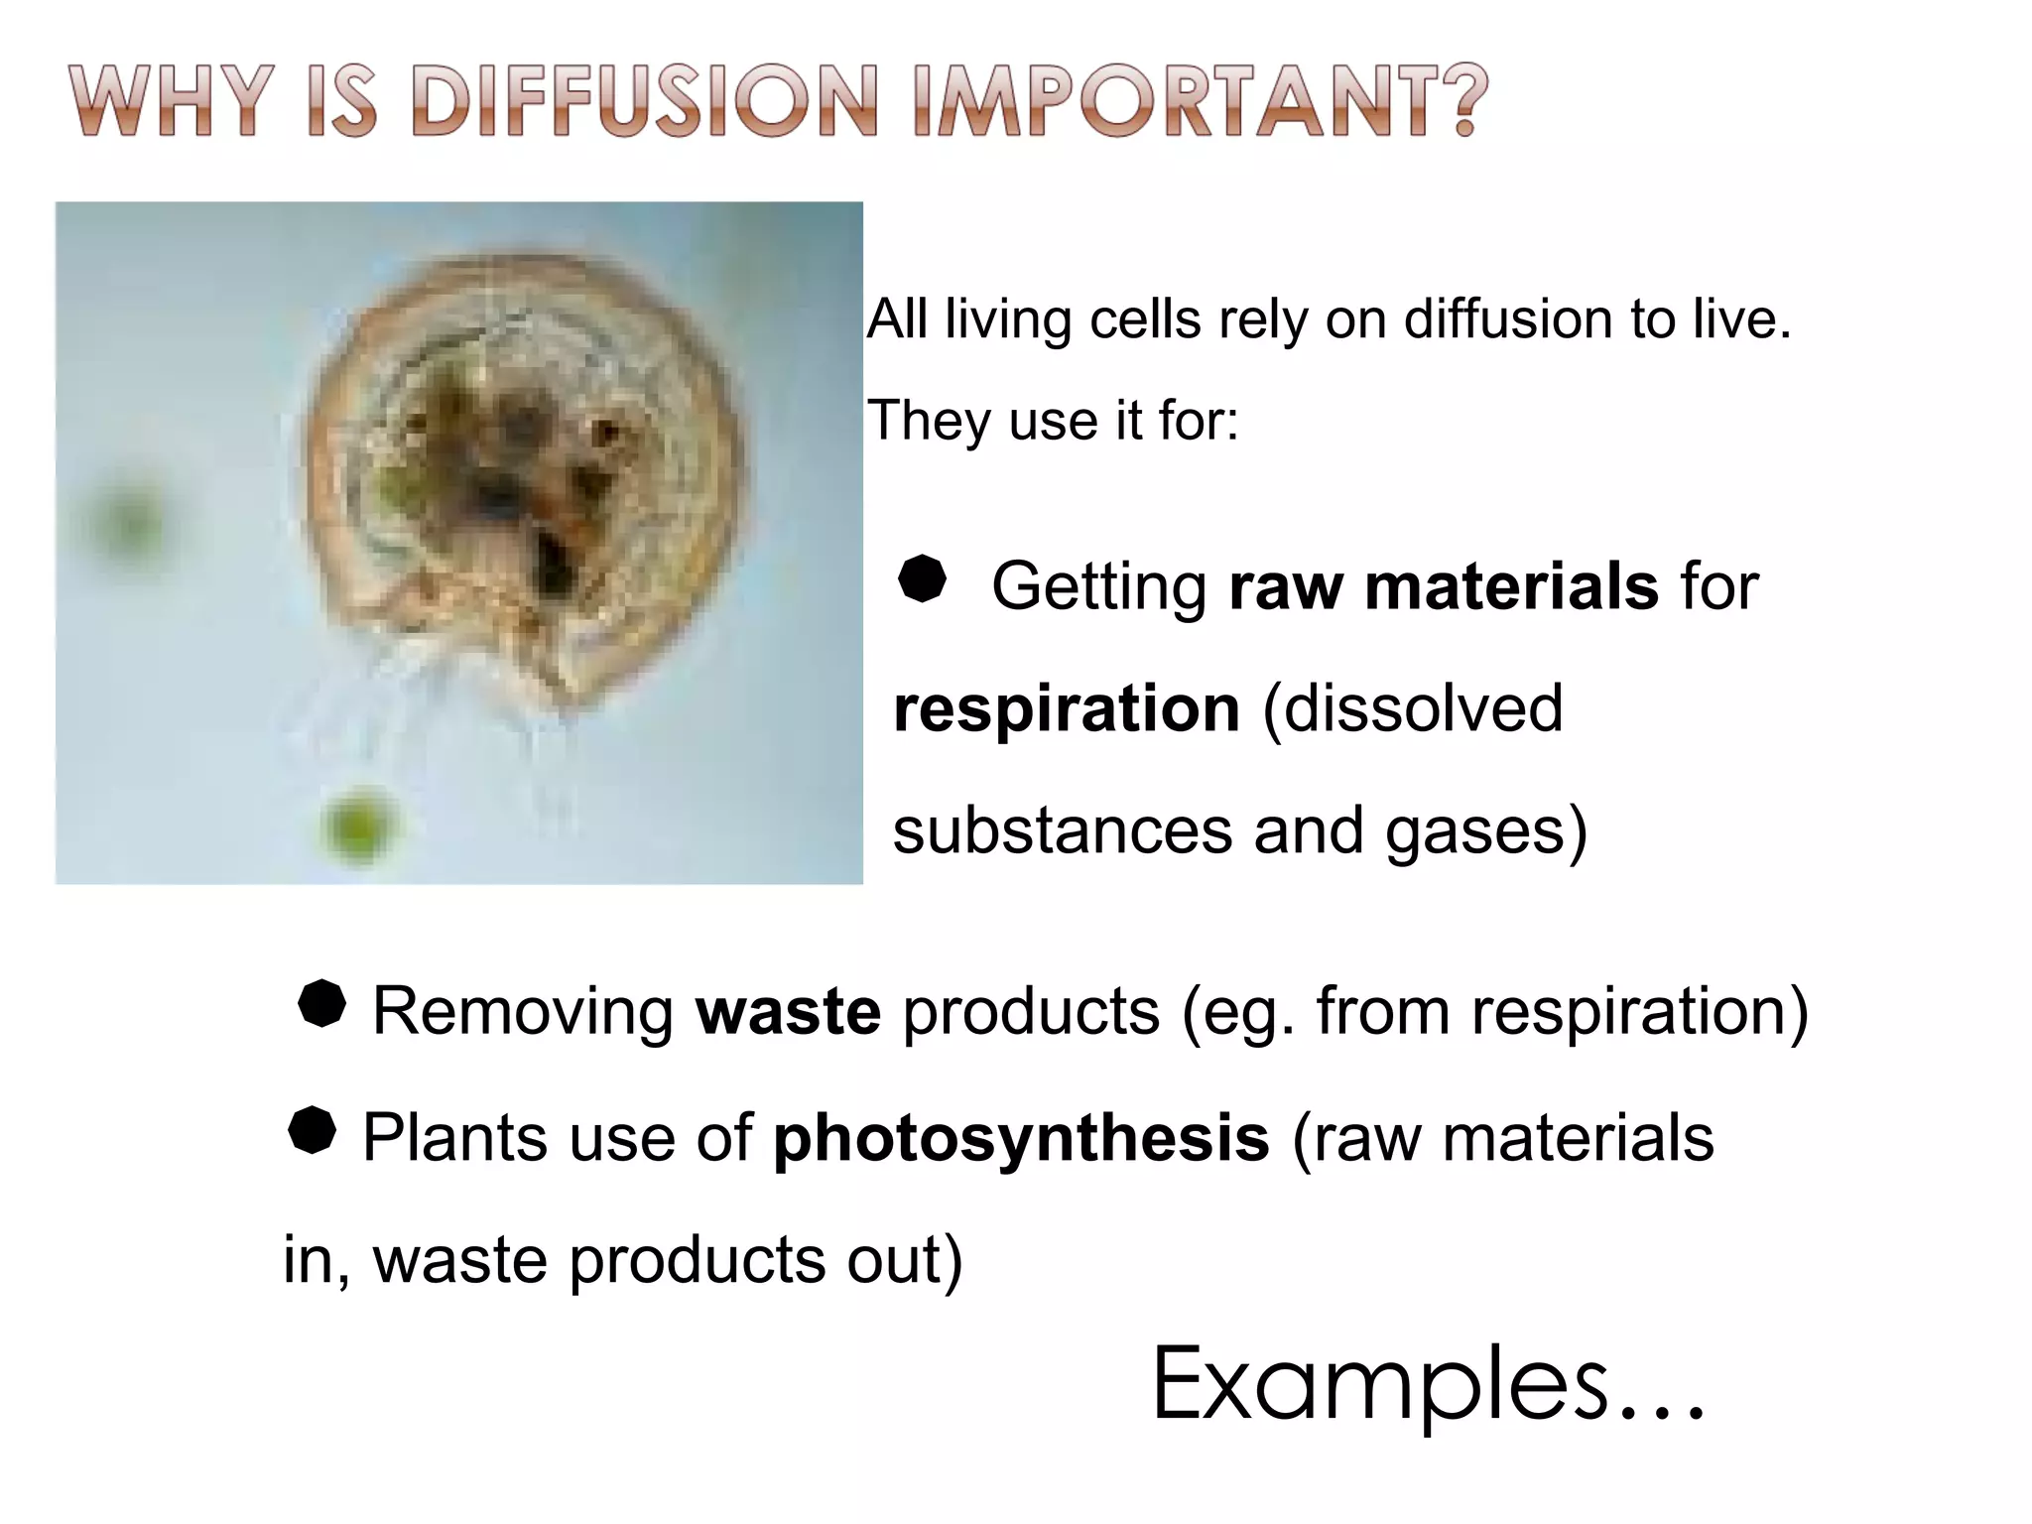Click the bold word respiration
click(1067, 709)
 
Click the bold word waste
click(788, 1011)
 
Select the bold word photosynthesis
click(1021, 1137)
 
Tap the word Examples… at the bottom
click(1427, 1383)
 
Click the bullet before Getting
click(922, 578)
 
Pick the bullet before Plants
click(312, 1130)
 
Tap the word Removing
click(523, 1011)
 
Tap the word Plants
click(454, 1137)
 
